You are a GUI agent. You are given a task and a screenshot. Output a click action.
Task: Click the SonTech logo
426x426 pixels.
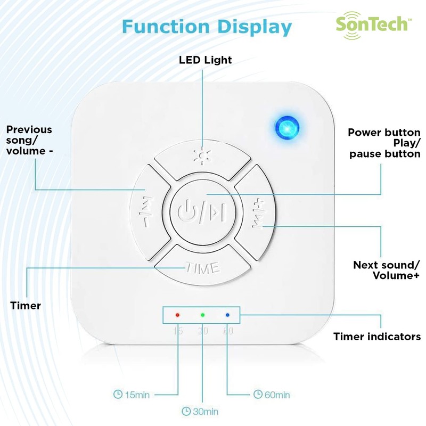click(372, 23)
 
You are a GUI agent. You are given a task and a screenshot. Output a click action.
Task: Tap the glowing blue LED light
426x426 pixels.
click(286, 128)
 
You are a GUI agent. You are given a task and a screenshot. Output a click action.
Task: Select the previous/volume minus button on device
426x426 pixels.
click(146, 211)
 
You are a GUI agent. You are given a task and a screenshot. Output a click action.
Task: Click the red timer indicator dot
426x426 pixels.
click(178, 315)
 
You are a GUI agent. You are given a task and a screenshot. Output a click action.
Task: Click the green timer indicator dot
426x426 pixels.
click(202, 315)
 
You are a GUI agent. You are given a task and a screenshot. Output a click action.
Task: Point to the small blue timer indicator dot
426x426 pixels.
click(227, 315)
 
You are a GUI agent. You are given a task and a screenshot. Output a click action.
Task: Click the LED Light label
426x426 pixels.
click(205, 60)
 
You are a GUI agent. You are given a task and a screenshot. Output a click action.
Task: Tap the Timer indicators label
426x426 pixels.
click(376, 337)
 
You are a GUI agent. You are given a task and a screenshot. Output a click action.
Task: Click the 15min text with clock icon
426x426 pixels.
click(132, 395)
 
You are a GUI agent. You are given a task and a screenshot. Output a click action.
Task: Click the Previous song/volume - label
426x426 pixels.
click(29, 140)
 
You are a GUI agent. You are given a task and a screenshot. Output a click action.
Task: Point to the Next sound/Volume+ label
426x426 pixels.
click(387, 270)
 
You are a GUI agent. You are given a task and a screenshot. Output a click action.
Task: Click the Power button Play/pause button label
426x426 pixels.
click(384, 143)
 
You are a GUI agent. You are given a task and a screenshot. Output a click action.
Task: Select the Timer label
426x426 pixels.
click(26, 306)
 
